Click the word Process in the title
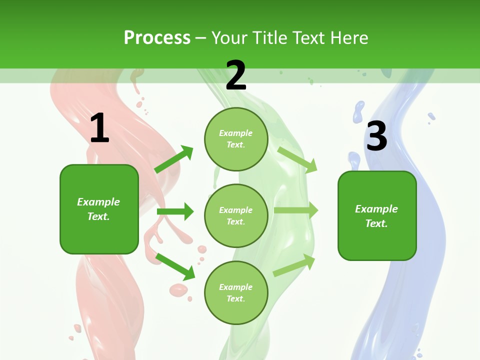click(157, 38)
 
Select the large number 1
click(99, 128)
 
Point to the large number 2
click(236, 75)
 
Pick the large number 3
click(376, 136)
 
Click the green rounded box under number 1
click(99, 209)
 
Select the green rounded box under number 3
click(377, 216)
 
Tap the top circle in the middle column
click(236, 139)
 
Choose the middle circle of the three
click(236, 216)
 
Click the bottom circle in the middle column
click(236, 293)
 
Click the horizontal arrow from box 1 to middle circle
click(175, 211)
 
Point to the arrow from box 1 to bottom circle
click(175, 266)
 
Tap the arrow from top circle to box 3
click(297, 159)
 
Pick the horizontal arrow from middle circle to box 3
click(296, 210)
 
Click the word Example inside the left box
click(98, 202)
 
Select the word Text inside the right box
click(375, 223)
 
